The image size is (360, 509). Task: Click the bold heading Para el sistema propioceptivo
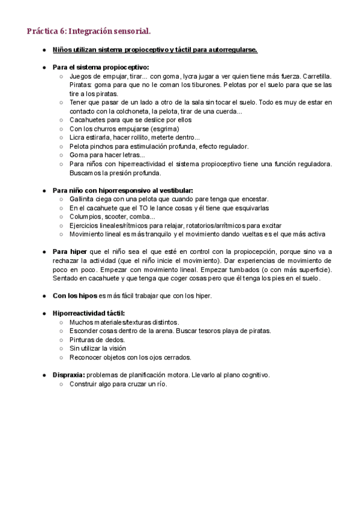point(101,67)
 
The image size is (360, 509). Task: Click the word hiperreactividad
point(134,164)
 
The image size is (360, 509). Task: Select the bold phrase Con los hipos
point(74,295)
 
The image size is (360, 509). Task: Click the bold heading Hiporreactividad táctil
point(89,313)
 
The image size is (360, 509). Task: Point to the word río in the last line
point(161,384)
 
